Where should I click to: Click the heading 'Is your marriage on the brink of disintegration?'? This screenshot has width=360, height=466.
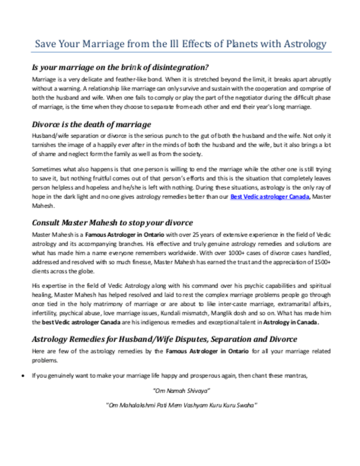[x=120, y=67]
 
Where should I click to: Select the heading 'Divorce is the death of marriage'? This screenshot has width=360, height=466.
[x=92, y=124]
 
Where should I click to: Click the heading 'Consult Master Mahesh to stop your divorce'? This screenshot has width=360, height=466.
[x=112, y=223]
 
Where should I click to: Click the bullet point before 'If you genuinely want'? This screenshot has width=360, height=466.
[x=21, y=375]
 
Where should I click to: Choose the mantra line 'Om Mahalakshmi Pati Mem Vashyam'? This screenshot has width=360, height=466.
[x=182, y=405]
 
